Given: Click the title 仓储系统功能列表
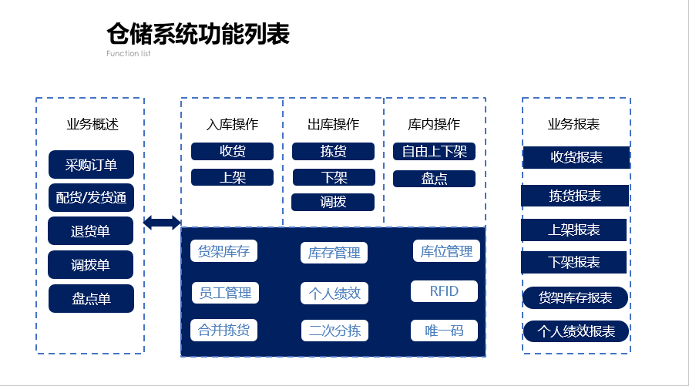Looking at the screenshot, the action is coord(198,34).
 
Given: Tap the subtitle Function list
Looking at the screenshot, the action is coord(128,54).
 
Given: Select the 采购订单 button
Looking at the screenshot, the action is coord(91,165).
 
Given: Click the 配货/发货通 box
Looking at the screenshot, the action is coord(91,197).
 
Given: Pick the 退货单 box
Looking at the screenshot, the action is coord(90,231).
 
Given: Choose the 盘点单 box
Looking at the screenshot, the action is coord(91,299).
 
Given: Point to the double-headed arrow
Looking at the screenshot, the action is coord(162,223).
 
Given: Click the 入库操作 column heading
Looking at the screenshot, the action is coord(232,124).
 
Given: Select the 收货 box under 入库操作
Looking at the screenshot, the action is coord(232,152).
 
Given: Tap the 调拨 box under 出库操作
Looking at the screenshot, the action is coord(333,202).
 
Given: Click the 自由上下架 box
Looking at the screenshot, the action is coord(434,152).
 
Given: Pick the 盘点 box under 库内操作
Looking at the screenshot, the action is coord(434,179).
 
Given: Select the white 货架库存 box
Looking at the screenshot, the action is coord(224,251).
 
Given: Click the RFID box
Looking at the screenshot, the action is coord(444,291).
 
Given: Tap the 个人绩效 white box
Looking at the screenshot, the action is coord(334,294).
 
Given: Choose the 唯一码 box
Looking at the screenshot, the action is coord(444,331).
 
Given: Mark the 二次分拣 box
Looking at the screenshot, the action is coord(334,331).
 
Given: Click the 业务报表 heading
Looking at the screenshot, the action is coord(573,124).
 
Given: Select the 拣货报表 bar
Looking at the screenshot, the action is coord(575,196).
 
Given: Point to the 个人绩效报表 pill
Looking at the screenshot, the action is coord(576,331).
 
